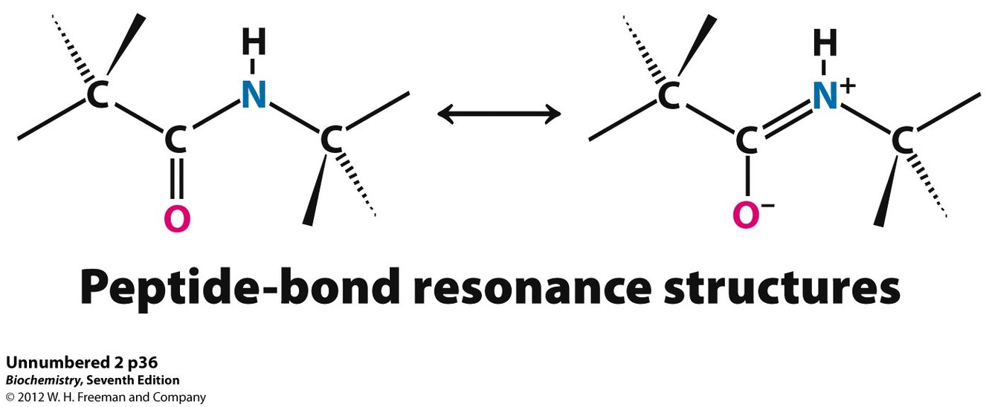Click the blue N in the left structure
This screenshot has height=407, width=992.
[x=254, y=95]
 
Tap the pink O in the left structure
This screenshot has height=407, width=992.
[x=176, y=218]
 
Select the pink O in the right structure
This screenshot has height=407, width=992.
[x=746, y=215]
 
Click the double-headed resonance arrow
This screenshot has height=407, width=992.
[x=499, y=114]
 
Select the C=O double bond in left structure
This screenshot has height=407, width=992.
[x=176, y=178]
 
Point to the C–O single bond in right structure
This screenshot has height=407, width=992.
[x=747, y=177]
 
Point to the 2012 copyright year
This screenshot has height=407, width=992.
[x=31, y=397]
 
